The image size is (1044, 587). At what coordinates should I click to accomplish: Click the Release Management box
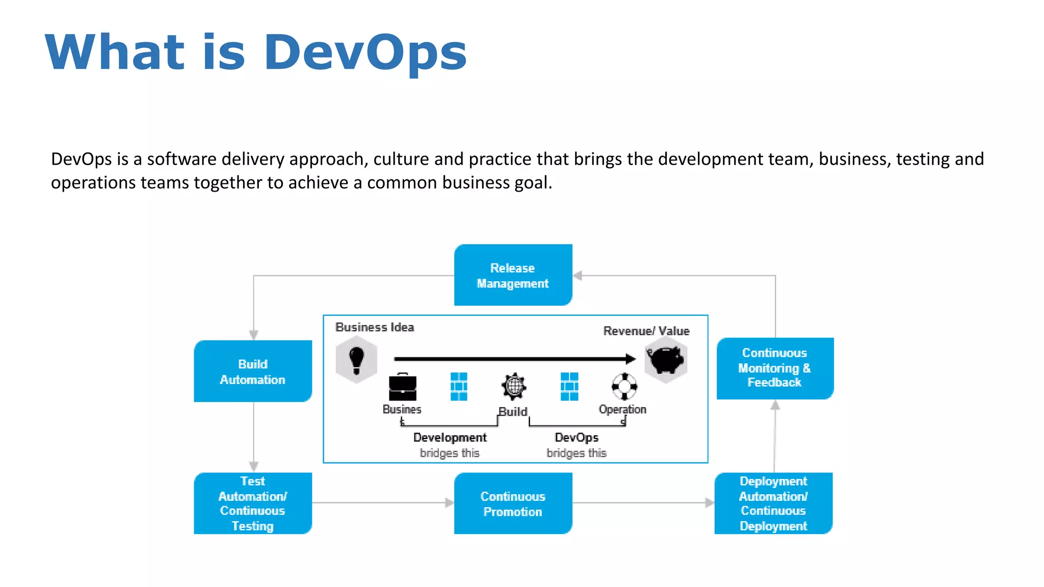513,275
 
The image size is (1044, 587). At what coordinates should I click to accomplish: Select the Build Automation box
253,371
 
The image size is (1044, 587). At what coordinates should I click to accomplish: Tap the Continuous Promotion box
513,503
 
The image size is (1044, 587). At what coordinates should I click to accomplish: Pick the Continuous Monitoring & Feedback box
775,368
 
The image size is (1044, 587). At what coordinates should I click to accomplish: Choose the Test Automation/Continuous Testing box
253,503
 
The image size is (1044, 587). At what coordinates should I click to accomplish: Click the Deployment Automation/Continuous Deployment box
773,503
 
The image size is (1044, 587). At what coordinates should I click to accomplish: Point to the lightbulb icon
356,359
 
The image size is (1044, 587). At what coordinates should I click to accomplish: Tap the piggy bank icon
666,359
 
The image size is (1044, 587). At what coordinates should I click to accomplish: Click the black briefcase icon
402,388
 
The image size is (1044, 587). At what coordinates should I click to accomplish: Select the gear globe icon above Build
514,386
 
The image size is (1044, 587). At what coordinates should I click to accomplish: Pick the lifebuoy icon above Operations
624,387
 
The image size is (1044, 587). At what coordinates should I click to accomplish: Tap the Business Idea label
375,327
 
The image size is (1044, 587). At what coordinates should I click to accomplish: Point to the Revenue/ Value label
646,331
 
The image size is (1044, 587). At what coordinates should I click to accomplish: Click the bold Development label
450,438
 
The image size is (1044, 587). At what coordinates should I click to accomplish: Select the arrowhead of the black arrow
631,359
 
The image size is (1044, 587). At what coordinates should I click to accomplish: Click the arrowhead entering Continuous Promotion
449,503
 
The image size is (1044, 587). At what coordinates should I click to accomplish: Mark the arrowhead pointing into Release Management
578,276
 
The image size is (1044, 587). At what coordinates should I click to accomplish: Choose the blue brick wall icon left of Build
459,387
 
